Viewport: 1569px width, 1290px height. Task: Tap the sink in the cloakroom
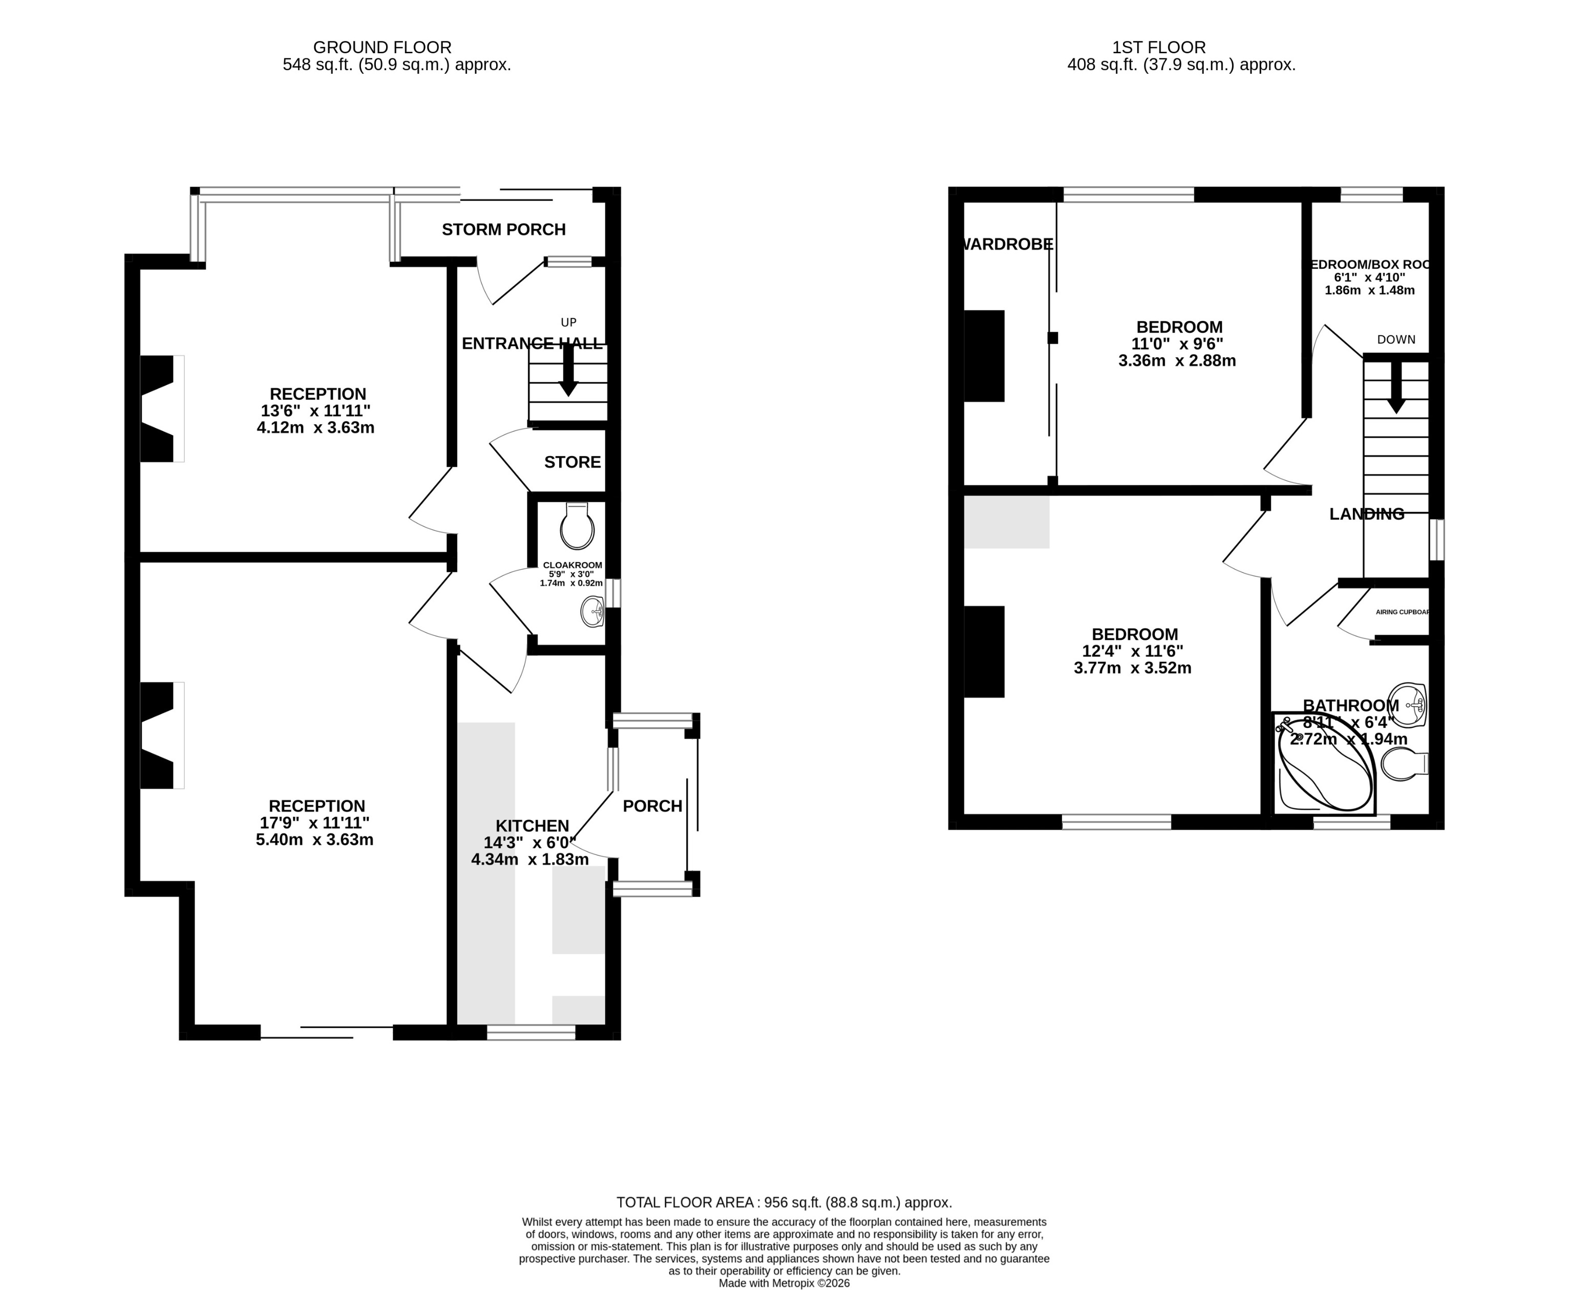click(x=592, y=612)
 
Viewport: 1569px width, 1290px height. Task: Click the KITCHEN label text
click(x=532, y=826)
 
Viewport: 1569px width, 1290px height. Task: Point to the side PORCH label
click(x=652, y=806)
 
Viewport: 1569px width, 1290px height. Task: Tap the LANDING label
click(x=1366, y=513)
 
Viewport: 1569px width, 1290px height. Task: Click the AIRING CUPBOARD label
click(x=1402, y=612)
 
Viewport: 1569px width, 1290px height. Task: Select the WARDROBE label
click(x=1008, y=244)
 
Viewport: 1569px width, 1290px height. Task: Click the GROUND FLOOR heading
click(x=381, y=48)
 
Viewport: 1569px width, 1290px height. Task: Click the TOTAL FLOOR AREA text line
click(x=783, y=1201)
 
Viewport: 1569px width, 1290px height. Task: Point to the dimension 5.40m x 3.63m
click(x=314, y=840)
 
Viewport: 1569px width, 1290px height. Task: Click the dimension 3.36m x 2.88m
click(x=1177, y=360)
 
